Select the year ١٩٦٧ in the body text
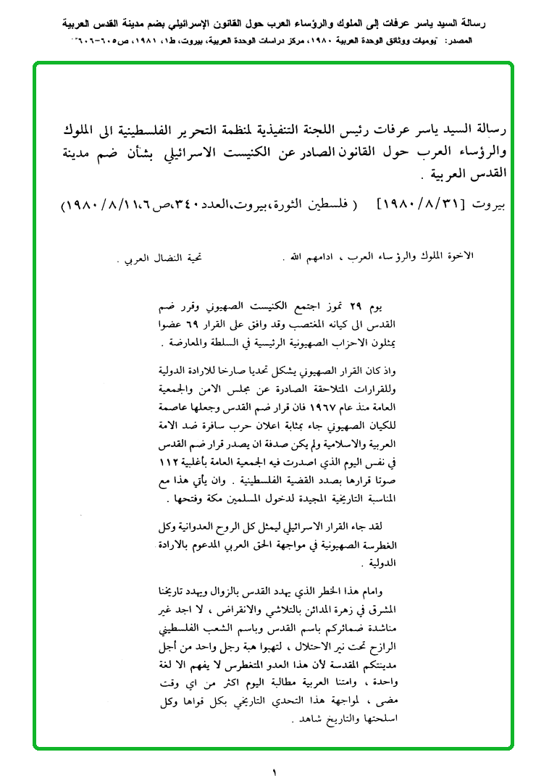click(310, 406)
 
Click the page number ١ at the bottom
click(274, 772)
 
